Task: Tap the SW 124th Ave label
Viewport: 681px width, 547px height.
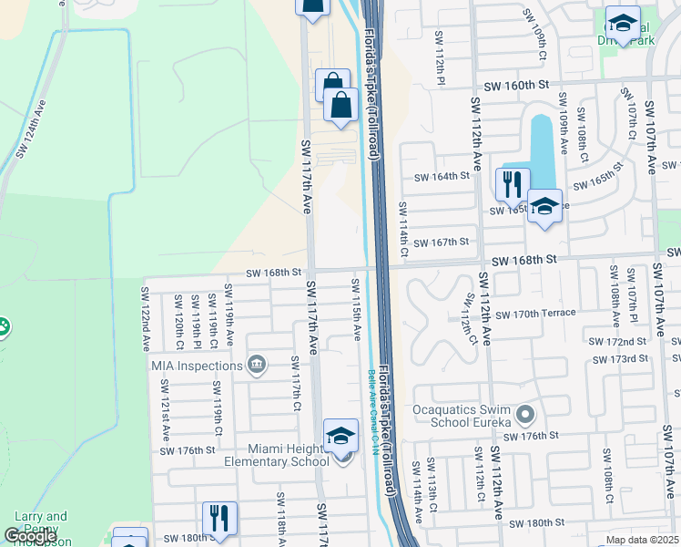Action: tap(30, 136)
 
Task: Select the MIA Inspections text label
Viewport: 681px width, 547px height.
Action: tap(197, 366)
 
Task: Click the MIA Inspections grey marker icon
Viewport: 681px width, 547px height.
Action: tap(257, 366)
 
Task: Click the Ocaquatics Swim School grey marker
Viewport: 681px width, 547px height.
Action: tap(524, 416)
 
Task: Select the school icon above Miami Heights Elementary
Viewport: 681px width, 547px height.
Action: tap(341, 436)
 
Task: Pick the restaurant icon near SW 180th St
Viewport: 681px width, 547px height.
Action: tap(219, 519)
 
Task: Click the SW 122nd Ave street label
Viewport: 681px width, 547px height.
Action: tap(145, 319)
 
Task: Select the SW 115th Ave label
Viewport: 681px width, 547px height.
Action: tap(356, 306)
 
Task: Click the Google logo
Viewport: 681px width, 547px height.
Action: tap(30, 536)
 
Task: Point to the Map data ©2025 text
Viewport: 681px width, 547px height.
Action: tap(643, 540)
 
